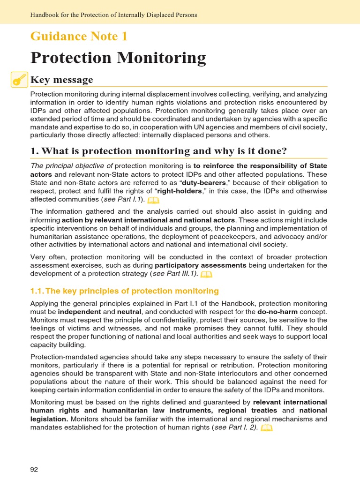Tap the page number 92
pos(34,469)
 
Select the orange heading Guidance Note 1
pos(79,36)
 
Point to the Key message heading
pos(61,80)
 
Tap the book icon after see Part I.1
pos(153,200)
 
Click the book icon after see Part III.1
pos(206,274)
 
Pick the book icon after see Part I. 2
pos(266,428)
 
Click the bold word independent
pos(79,311)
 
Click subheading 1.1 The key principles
pos(124,291)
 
